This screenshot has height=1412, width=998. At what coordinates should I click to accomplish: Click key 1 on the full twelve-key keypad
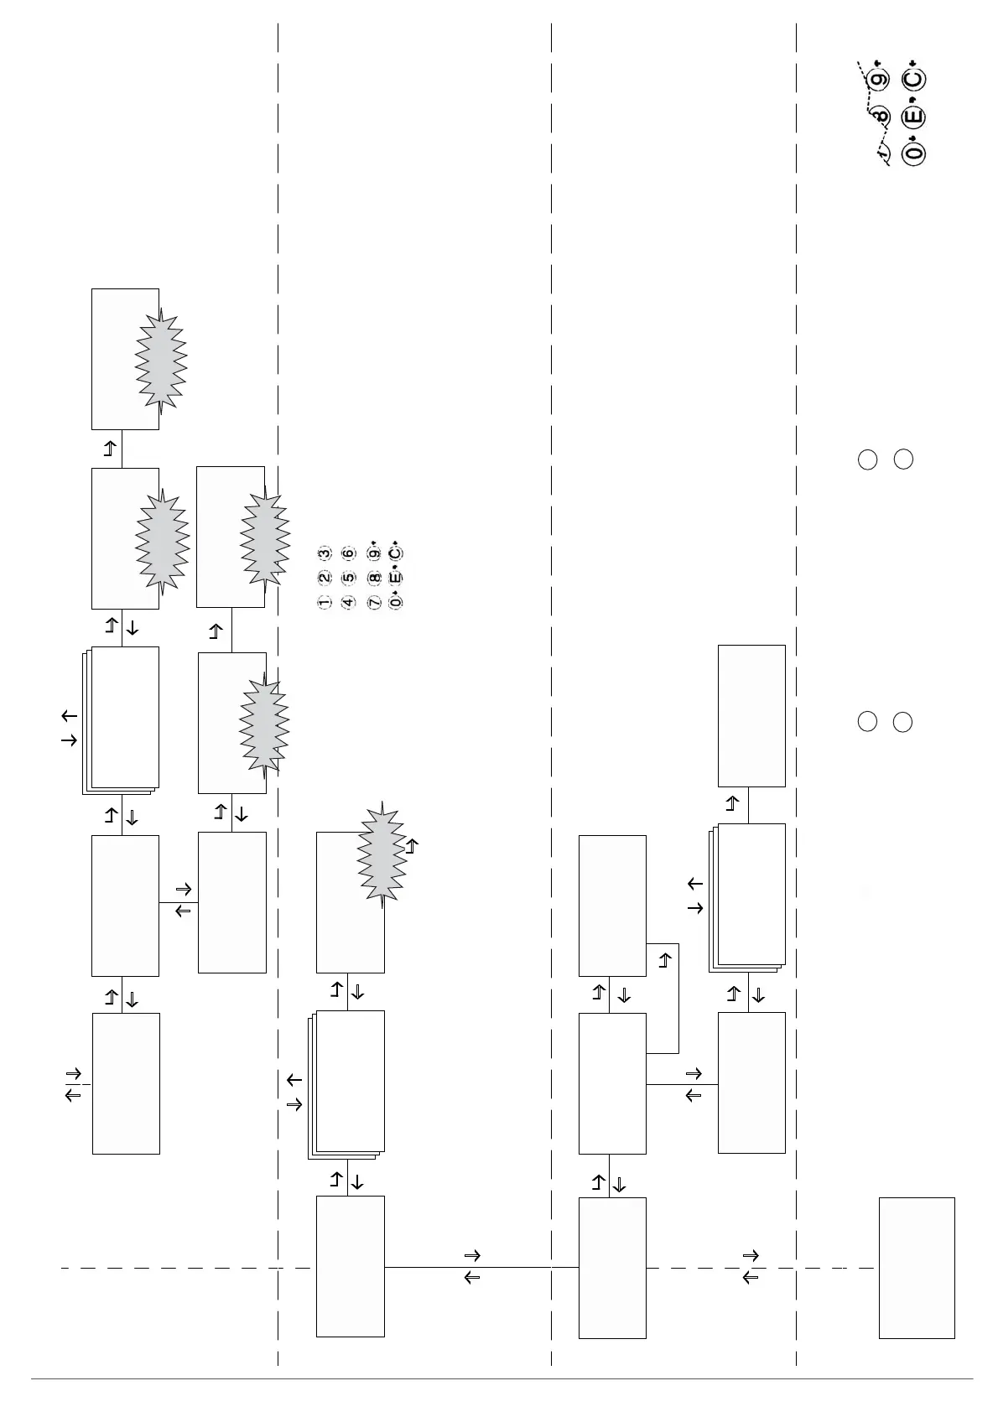[x=324, y=602]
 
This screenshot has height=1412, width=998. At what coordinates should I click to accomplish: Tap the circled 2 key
[x=324, y=578]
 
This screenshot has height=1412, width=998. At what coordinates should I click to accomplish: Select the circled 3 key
[x=324, y=553]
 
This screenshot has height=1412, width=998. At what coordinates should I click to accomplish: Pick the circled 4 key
[x=349, y=602]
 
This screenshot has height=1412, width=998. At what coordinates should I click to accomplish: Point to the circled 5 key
[x=349, y=578]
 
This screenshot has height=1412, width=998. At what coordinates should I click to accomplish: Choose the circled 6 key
[x=349, y=553]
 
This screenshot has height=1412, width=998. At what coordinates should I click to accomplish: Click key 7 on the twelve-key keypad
[x=374, y=602]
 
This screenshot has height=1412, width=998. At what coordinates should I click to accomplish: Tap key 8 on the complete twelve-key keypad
[x=374, y=578]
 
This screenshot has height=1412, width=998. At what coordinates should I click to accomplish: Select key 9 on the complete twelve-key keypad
[x=374, y=553]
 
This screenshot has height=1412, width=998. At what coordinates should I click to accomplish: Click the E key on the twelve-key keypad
[x=397, y=578]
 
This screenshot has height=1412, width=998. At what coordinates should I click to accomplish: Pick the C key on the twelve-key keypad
[x=397, y=553]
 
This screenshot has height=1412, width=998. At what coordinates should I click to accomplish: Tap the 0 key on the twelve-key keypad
[x=397, y=602]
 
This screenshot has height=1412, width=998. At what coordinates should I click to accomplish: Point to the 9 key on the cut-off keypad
[x=878, y=80]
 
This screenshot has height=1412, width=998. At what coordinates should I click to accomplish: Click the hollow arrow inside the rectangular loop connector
[x=665, y=960]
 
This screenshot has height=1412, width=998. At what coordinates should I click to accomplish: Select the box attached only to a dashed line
[x=916, y=1267]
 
